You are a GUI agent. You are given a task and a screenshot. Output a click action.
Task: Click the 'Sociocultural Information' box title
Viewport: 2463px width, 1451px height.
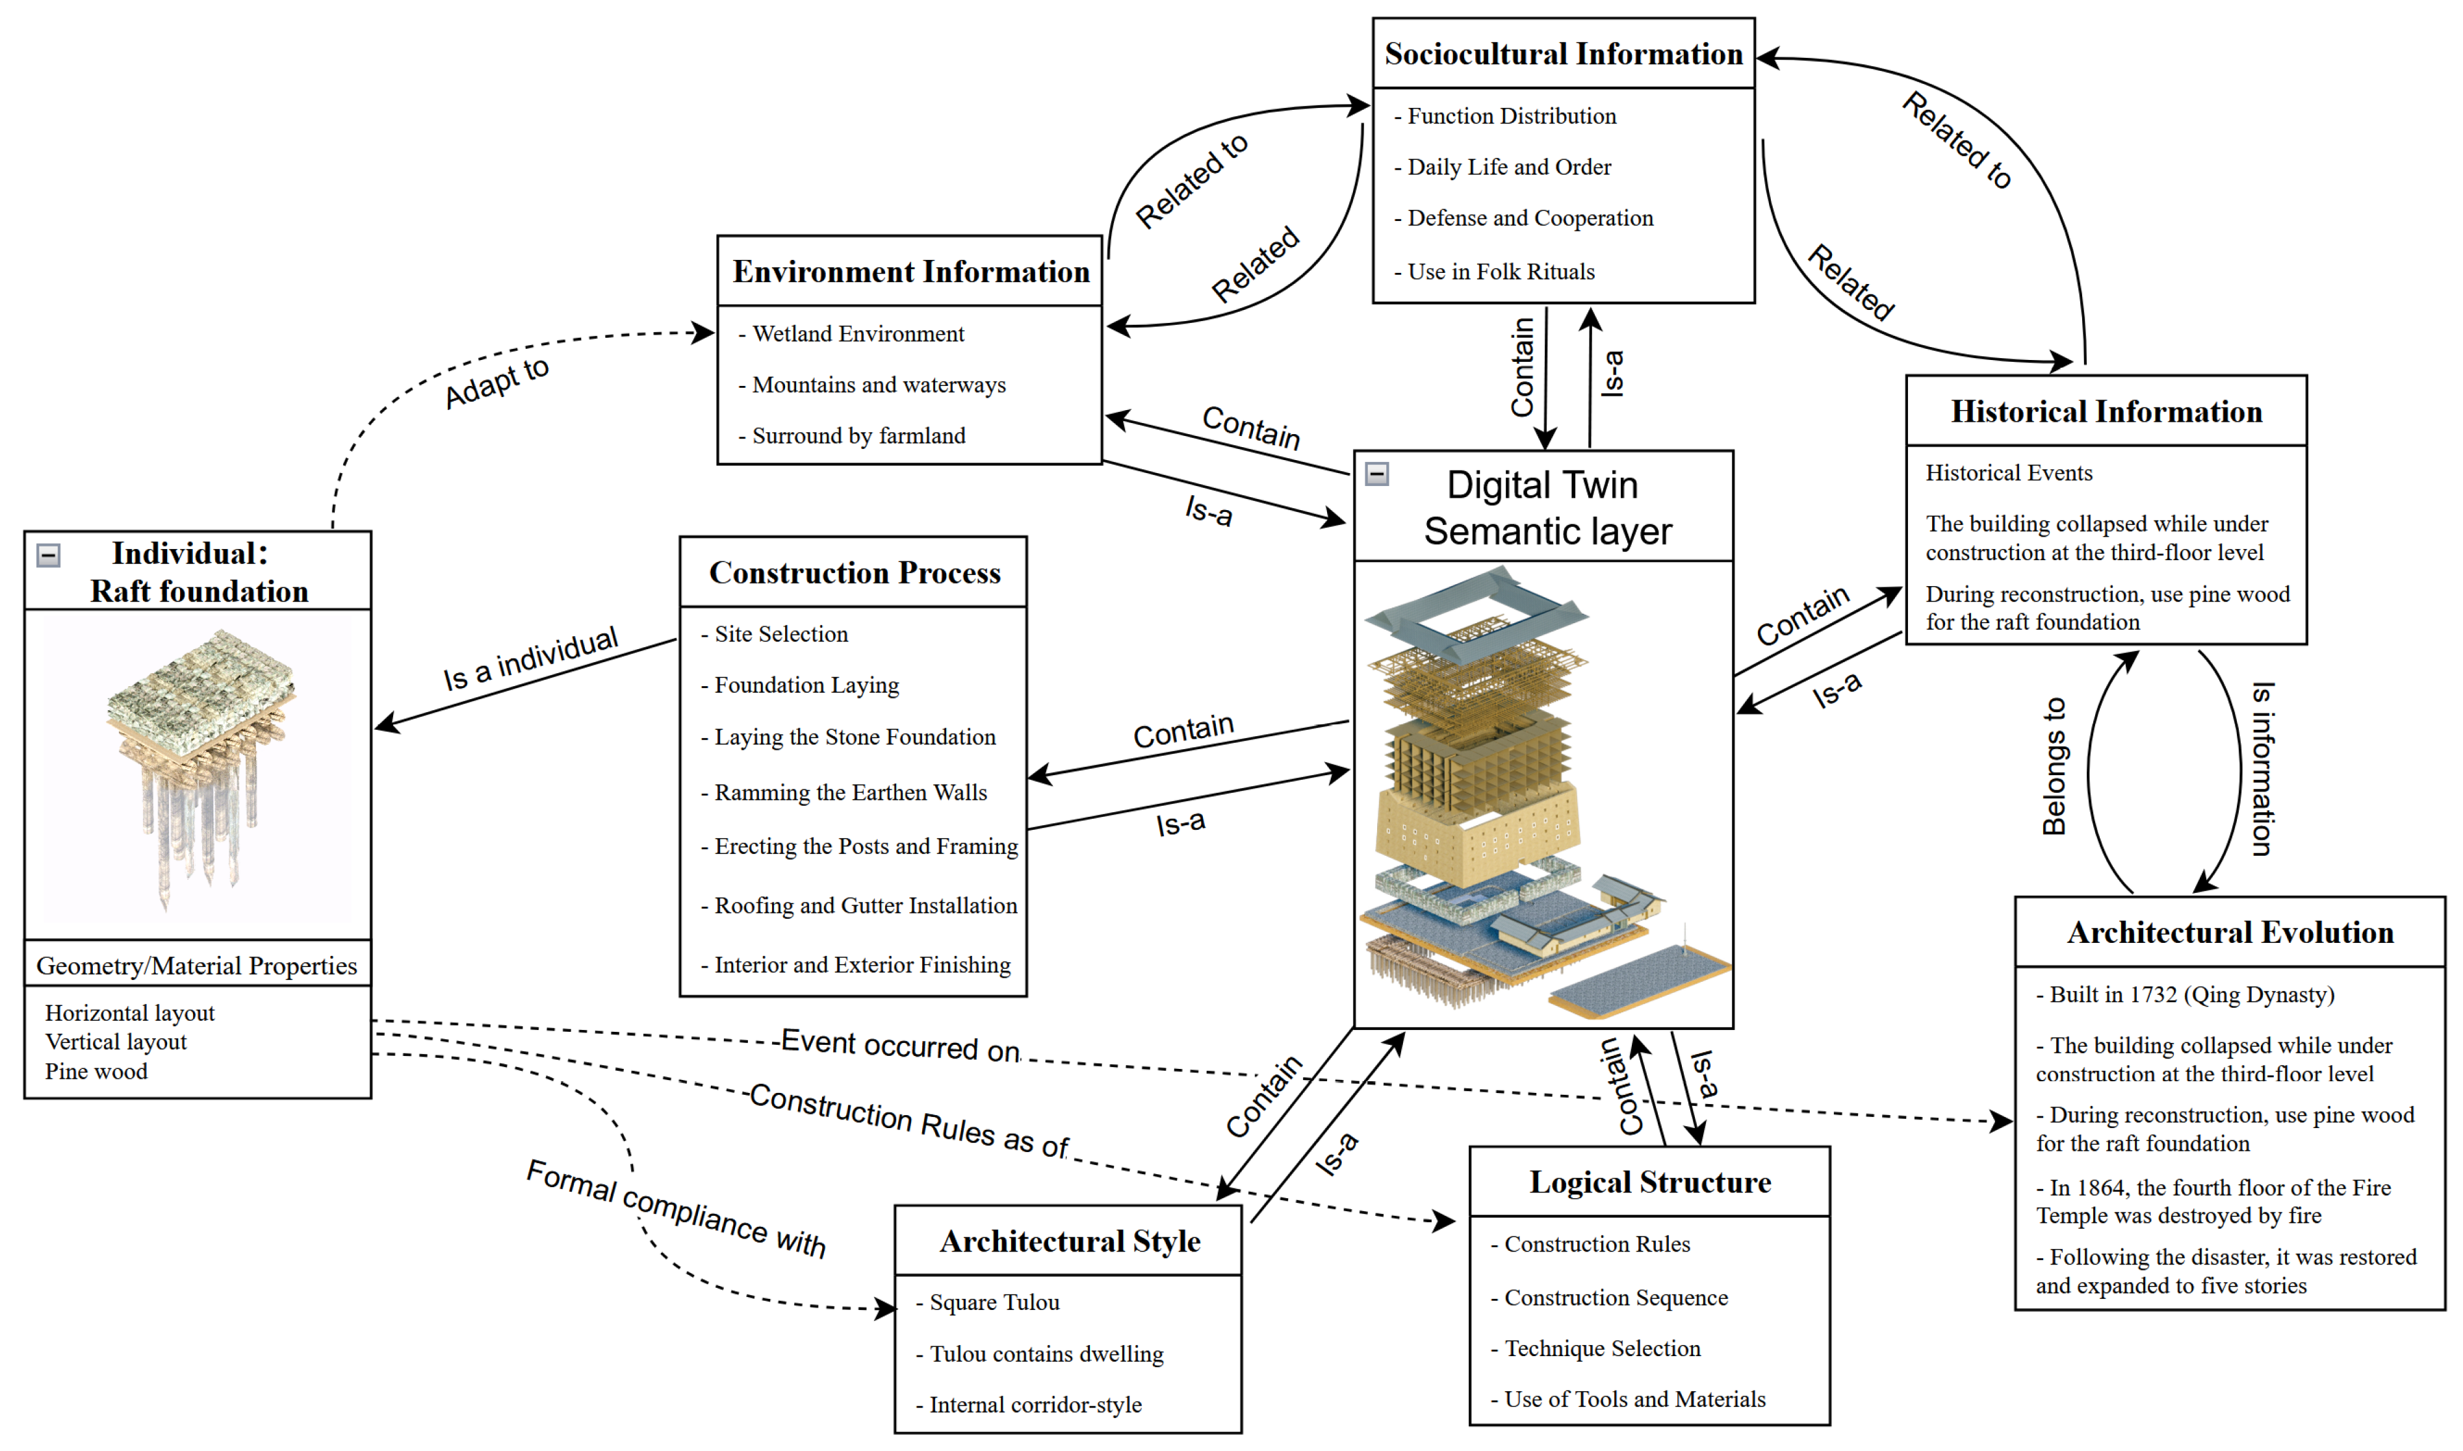tap(1564, 54)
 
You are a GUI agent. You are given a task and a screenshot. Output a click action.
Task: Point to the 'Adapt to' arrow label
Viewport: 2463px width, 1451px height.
tap(496, 382)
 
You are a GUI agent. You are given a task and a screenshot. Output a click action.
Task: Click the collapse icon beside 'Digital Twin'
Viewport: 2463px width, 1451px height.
tap(1376, 474)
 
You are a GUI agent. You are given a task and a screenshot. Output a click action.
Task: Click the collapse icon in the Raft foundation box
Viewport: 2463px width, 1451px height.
tap(48, 556)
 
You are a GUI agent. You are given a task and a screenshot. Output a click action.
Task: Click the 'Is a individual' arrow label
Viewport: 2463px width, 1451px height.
tap(531, 659)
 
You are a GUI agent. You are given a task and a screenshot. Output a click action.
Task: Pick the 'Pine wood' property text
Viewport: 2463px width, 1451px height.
tap(96, 1072)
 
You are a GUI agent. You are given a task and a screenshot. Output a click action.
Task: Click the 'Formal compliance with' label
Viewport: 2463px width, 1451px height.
tap(677, 1209)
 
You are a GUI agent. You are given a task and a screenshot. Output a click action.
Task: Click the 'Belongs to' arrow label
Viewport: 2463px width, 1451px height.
tap(2054, 767)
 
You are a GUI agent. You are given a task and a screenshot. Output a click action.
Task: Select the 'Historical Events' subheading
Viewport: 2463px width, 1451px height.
tap(2009, 473)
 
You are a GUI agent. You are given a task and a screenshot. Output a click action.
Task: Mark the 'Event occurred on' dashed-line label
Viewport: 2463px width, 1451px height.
tap(899, 1046)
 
